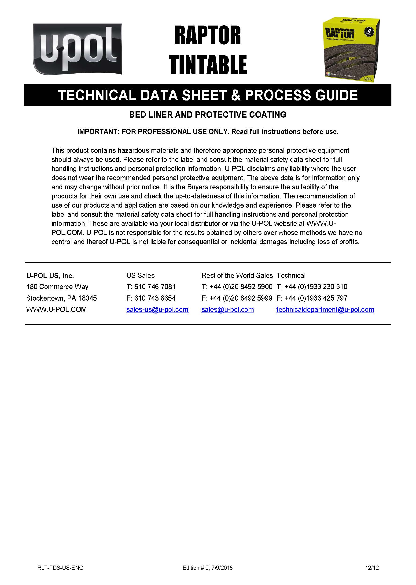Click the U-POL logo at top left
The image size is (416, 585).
click(x=77, y=49)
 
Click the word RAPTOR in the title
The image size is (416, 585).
click(x=207, y=35)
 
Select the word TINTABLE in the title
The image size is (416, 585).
click(x=207, y=65)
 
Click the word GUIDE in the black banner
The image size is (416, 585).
click(x=336, y=95)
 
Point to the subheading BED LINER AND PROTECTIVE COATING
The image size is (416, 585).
click(x=207, y=115)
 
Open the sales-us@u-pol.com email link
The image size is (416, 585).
click(x=157, y=309)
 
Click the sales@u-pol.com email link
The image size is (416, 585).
click(x=228, y=309)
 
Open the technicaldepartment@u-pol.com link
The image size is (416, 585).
click(x=325, y=309)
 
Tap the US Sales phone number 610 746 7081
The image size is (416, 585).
click(x=155, y=287)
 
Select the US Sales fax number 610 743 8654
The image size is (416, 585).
click(x=155, y=298)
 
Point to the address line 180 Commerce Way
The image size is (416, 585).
click(x=57, y=287)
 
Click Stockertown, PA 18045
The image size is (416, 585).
click(x=62, y=298)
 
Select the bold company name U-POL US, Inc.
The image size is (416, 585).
click(x=50, y=276)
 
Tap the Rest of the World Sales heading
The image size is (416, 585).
click(x=237, y=276)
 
